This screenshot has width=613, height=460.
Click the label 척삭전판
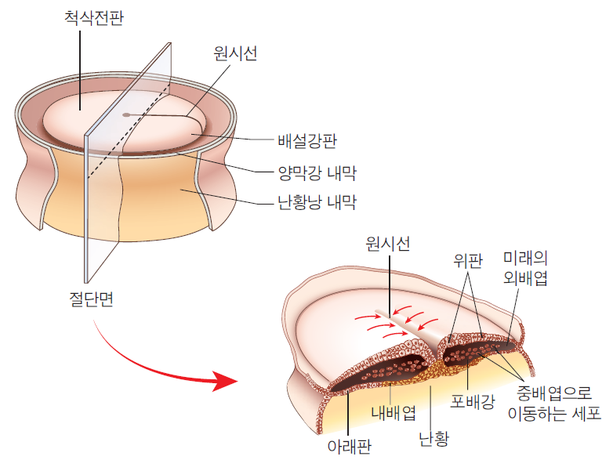[x=94, y=18]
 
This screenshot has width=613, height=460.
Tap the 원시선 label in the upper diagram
[x=235, y=53]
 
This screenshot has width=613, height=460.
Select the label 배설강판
[x=307, y=141]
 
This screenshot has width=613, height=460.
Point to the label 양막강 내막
[x=317, y=173]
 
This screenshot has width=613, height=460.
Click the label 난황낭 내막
[x=317, y=202]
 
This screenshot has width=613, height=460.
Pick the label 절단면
[x=91, y=299]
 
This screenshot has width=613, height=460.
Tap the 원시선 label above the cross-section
[x=387, y=244]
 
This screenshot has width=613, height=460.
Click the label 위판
[x=468, y=260]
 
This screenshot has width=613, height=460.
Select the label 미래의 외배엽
[x=525, y=268]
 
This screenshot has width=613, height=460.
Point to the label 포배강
[x=473, y=401]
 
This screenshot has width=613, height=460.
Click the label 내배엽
[x=394, y=413]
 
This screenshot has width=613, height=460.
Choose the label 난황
[x=434, y=439]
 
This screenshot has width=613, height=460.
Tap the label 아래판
[x=350, y=447]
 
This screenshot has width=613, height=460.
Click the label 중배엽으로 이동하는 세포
[x=554, y=403]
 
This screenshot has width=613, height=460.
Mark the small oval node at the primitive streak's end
[x=126, y=115]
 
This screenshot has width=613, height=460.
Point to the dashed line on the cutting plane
[x=129, y=131]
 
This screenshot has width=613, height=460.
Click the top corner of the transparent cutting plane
[x=170, y=42]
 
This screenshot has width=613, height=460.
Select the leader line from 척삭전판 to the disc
[x=80, y=71]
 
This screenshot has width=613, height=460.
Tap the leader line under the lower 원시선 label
[x=390, y=286]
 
